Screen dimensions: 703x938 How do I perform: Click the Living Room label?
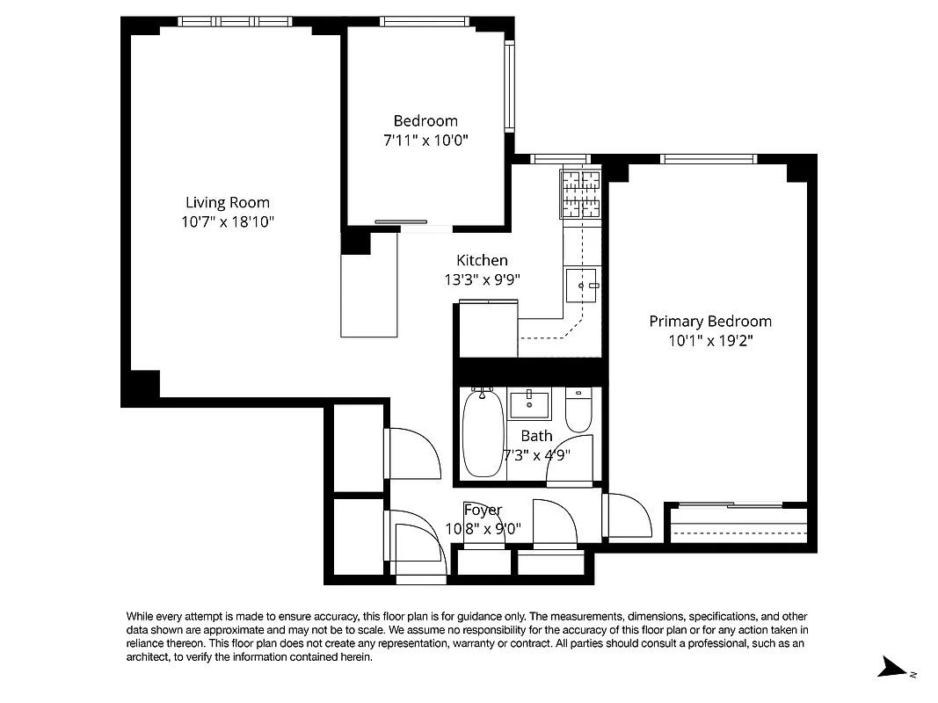pyautogui.click(x=228, y=203)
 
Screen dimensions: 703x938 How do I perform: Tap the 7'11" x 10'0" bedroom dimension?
pyautogui.click(x=425, y=140)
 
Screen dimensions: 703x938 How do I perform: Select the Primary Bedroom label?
pyautogui.click(x=710, y=322)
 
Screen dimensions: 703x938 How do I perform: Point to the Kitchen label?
pyautogui.click(x=482, y=260)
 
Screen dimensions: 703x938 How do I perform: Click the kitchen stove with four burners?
pyautogui.click(x=580, y=193)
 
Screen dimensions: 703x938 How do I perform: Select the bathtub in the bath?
pyautogui.click(x=482, y=434)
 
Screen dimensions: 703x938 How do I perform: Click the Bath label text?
pyautogui.click(x=536, y=436)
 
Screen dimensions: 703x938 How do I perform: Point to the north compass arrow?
pyautogui.click(x=898, y=670)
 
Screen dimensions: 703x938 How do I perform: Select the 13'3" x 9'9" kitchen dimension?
pyautogui.click(x=483, y=280)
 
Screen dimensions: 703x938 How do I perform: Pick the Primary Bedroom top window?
pyautogui.click(x=709, y=159)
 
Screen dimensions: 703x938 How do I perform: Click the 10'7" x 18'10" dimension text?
pyautogui.click(x=229, y=222)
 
